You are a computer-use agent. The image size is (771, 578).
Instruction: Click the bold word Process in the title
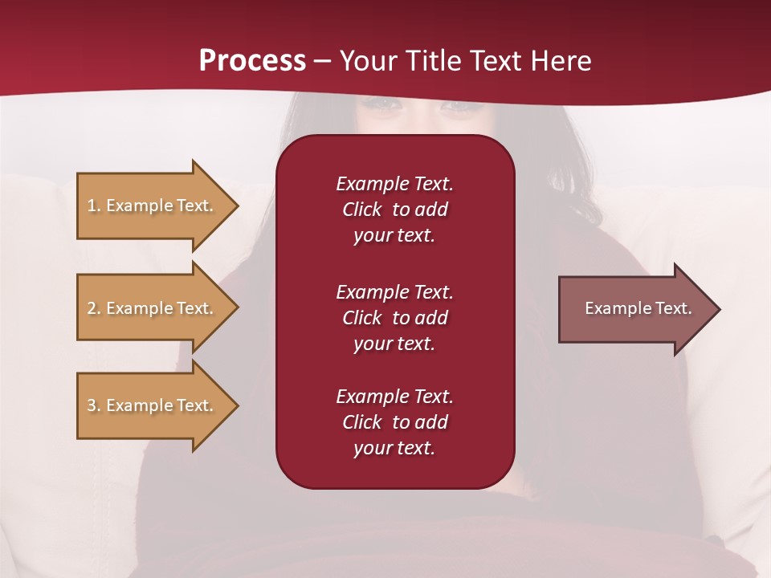[252, 61]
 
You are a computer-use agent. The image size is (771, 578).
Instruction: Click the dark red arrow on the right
[634, 309]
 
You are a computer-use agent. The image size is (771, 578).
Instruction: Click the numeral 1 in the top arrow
[92, 206]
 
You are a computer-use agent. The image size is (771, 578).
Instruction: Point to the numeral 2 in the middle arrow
[92, 308]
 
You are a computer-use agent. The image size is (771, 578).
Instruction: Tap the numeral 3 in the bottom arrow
[92, 405]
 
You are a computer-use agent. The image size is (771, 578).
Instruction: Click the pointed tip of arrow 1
[235, 206]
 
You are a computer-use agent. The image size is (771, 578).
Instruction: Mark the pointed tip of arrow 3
[235, 405]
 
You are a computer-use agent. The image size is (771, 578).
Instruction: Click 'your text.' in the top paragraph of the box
[394, 236]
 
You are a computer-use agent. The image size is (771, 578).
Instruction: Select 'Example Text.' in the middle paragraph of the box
[394, 292]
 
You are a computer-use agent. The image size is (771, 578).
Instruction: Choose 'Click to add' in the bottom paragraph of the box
[394, 422]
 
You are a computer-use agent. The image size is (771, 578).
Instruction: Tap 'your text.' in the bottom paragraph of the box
[394, 449]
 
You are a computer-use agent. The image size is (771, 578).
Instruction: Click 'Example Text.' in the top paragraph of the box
[394, 184]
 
